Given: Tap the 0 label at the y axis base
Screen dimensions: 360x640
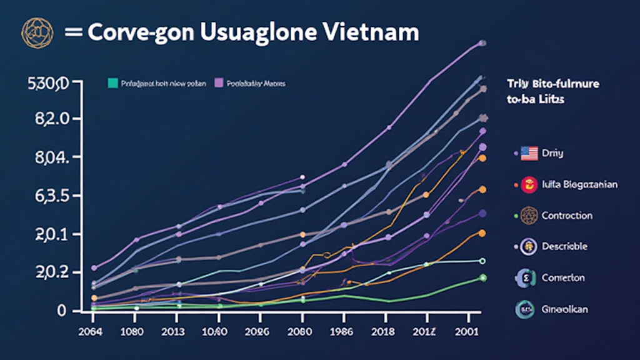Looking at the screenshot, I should point(61,311).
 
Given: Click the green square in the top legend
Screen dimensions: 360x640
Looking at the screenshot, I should point(112,82).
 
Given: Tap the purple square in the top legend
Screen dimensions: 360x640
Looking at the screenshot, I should point(219,82).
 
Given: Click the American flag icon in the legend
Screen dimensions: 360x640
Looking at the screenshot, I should point(529,152).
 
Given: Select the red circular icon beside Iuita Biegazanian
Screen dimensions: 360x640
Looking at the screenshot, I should point(529,184).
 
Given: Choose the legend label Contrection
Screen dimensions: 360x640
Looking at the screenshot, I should point(566,216).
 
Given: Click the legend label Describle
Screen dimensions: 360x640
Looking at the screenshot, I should point(564,246).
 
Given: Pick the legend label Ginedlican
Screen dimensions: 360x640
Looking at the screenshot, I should point(564,309).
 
